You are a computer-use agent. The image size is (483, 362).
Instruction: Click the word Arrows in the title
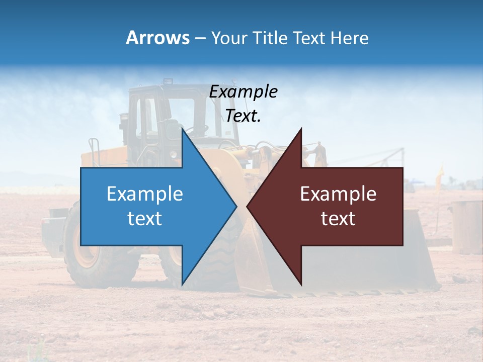(157, 38)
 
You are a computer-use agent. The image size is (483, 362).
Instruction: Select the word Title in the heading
(270, 38)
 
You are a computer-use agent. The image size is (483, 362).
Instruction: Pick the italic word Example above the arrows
(244, 92)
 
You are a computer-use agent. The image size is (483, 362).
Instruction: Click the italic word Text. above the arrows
(243, 116)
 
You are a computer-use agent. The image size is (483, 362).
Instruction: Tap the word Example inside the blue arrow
(145, 194)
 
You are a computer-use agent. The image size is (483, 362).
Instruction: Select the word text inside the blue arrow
(145, 219)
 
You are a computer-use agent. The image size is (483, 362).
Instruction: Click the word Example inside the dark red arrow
(338, 194)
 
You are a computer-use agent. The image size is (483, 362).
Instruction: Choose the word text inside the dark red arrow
(338, 219)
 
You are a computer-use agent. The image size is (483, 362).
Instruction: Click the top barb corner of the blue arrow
(182, 129)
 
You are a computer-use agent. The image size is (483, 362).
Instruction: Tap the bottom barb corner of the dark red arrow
(301, 284)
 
